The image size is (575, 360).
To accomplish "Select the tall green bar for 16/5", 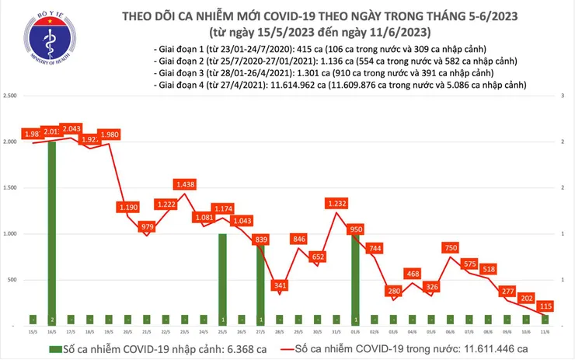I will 51,233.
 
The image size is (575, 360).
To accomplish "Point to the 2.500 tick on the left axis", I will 11,96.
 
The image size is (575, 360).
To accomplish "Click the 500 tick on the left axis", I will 13,280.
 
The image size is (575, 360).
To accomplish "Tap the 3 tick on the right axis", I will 563,96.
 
